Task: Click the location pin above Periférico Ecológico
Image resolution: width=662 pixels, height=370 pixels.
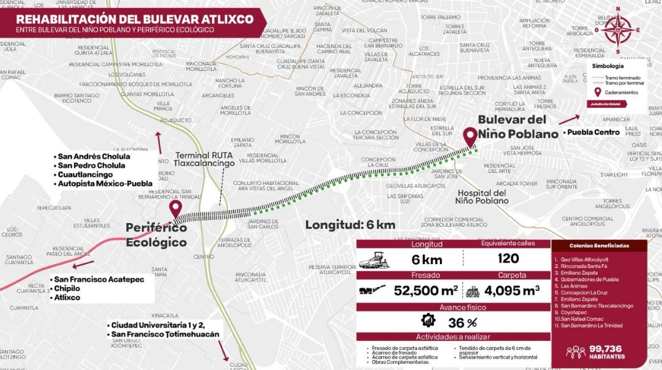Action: click(x=175, y=208)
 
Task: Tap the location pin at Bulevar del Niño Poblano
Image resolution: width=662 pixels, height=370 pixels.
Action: click(x=470, y=135)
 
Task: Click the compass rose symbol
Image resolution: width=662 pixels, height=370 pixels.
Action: click(x=618, y=29)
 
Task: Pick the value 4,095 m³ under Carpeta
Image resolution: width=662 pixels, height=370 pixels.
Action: click(x=511, y=290)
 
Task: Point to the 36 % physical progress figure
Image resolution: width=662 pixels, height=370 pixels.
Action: click(x=462, y=322)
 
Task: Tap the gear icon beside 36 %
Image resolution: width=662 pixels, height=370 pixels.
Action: click(x=428, y=321)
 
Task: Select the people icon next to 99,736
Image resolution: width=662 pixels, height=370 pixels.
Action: click(x=575, y=352)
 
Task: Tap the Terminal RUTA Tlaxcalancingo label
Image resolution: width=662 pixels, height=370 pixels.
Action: click(x=204, y=159)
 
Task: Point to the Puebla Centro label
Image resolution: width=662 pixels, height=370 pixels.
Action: click(x=592, y=133)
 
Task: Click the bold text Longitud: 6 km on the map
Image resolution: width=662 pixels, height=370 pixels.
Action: click(x=350, y=225)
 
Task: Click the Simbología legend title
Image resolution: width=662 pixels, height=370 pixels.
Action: click(x=607, y=66)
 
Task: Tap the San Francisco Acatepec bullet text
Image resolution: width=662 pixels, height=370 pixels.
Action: click(x=99, y=279)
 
